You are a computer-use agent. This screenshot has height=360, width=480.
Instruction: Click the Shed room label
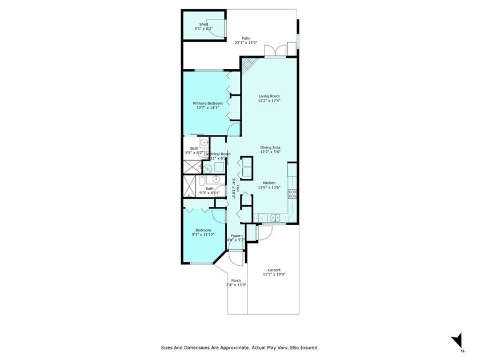203,24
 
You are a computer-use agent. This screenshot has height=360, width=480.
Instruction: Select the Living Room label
269,96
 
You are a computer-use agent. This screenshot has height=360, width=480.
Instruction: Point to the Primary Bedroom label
207,103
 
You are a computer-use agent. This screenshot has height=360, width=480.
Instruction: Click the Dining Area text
269,147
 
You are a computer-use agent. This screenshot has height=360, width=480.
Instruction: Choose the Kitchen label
269,183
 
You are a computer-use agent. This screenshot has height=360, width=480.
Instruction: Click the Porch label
236,281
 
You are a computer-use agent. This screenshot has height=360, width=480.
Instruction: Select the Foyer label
235,235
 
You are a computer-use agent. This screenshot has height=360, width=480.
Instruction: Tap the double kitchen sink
275,218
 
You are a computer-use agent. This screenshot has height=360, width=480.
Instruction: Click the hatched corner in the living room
247,67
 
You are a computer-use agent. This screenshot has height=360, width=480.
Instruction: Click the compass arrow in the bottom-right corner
457,340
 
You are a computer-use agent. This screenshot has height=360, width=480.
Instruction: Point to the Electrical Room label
217,154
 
